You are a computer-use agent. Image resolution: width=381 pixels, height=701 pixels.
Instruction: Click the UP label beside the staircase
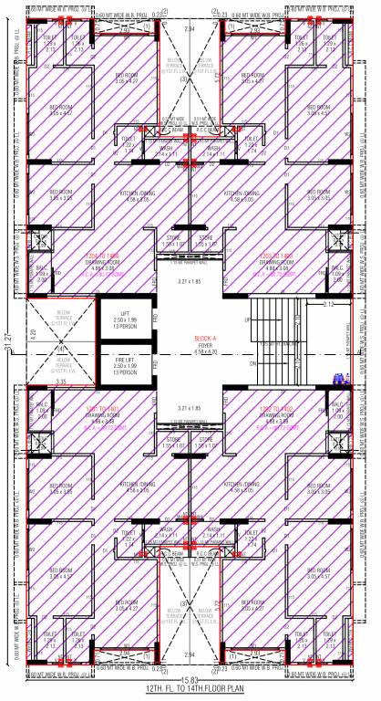pyautogui.click(x=247, y=320)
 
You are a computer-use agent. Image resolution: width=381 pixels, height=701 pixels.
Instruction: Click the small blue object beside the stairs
pyautogui.click(x=339, y=378)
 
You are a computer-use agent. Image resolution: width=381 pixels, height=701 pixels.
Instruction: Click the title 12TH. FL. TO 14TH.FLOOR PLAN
pyautogui.click(x=190, y=691)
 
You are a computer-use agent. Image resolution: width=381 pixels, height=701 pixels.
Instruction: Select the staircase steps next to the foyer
pyautogui.click(x=283, y=343)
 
